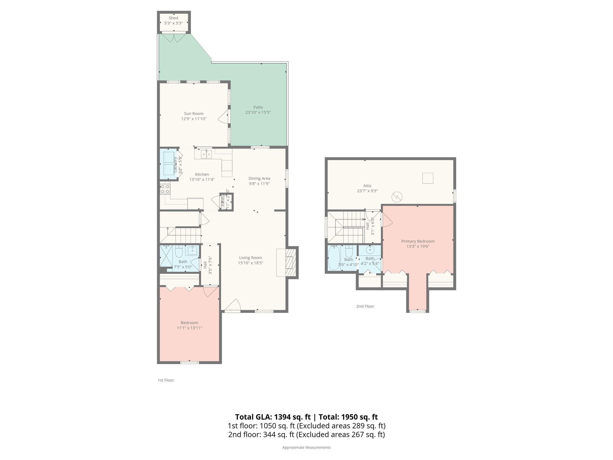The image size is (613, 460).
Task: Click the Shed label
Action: tap(173, 18)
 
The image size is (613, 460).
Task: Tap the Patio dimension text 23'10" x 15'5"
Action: tap(258, 112)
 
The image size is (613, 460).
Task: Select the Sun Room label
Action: tap(194, 114)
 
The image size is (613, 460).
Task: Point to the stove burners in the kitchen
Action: tap(165, 189)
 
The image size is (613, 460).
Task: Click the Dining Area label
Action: tap(259, 178)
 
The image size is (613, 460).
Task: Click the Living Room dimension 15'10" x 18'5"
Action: tap(251, 263)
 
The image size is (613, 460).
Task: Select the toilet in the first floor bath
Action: tap(179, 252)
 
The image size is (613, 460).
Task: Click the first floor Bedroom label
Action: tap(189, 323)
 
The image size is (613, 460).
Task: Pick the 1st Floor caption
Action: tap(166, 380)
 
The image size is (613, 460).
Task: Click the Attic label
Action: tap(367, 186)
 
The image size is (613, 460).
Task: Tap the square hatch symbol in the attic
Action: tap(428, 178)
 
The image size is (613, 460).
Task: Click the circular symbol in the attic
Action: tap(397, 197)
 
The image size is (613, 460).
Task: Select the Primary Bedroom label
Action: tap(418, 241)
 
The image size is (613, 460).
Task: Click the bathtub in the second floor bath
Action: tap(334, 258)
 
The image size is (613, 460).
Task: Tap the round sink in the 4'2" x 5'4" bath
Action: tap(370, 249)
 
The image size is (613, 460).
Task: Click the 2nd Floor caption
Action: tap(365, 306)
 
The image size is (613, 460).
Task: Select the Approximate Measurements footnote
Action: tap(306, 447)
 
